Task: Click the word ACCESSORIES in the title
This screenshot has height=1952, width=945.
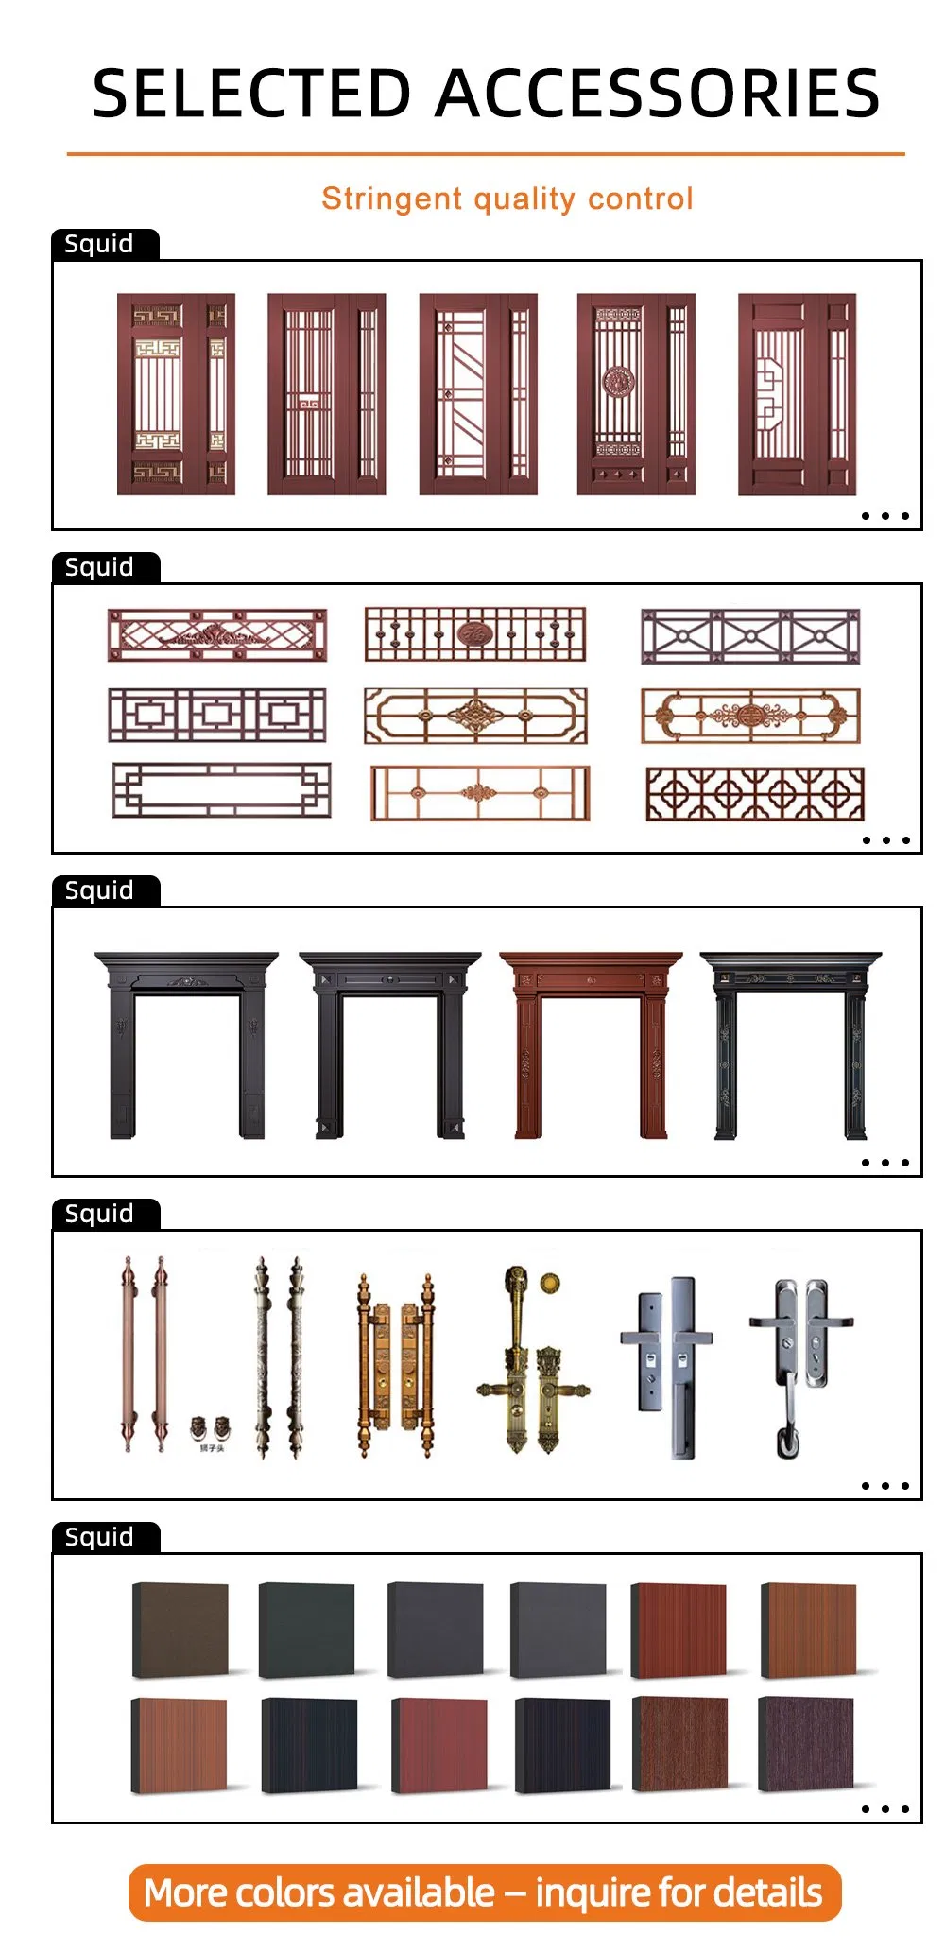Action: coord(660,95)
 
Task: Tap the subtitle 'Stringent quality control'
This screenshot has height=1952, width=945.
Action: coord(507,199)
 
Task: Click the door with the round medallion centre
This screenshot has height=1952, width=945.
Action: coord(635,394)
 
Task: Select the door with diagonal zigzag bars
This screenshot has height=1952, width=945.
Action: coord(478,394)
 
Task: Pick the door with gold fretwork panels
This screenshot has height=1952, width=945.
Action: coord(176,394)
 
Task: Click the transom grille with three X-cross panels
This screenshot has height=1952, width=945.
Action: coord(750,636)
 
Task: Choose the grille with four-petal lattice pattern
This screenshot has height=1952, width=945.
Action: coord(754,794)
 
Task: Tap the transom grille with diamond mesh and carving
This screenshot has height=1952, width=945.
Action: coord(217,635)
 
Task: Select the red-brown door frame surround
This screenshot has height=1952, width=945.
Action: coord(591,1045)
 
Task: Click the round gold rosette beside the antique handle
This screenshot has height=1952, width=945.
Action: coord(550,1283)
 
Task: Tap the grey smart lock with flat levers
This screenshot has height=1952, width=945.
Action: coord(667,1361)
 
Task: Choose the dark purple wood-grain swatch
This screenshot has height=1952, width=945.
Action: coord(805,1744)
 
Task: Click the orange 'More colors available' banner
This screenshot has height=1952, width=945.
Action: coord(484,1892)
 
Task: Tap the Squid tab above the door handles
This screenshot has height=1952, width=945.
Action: coord(99,1214)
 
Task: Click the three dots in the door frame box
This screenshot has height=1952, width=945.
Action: coord(885,1163)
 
